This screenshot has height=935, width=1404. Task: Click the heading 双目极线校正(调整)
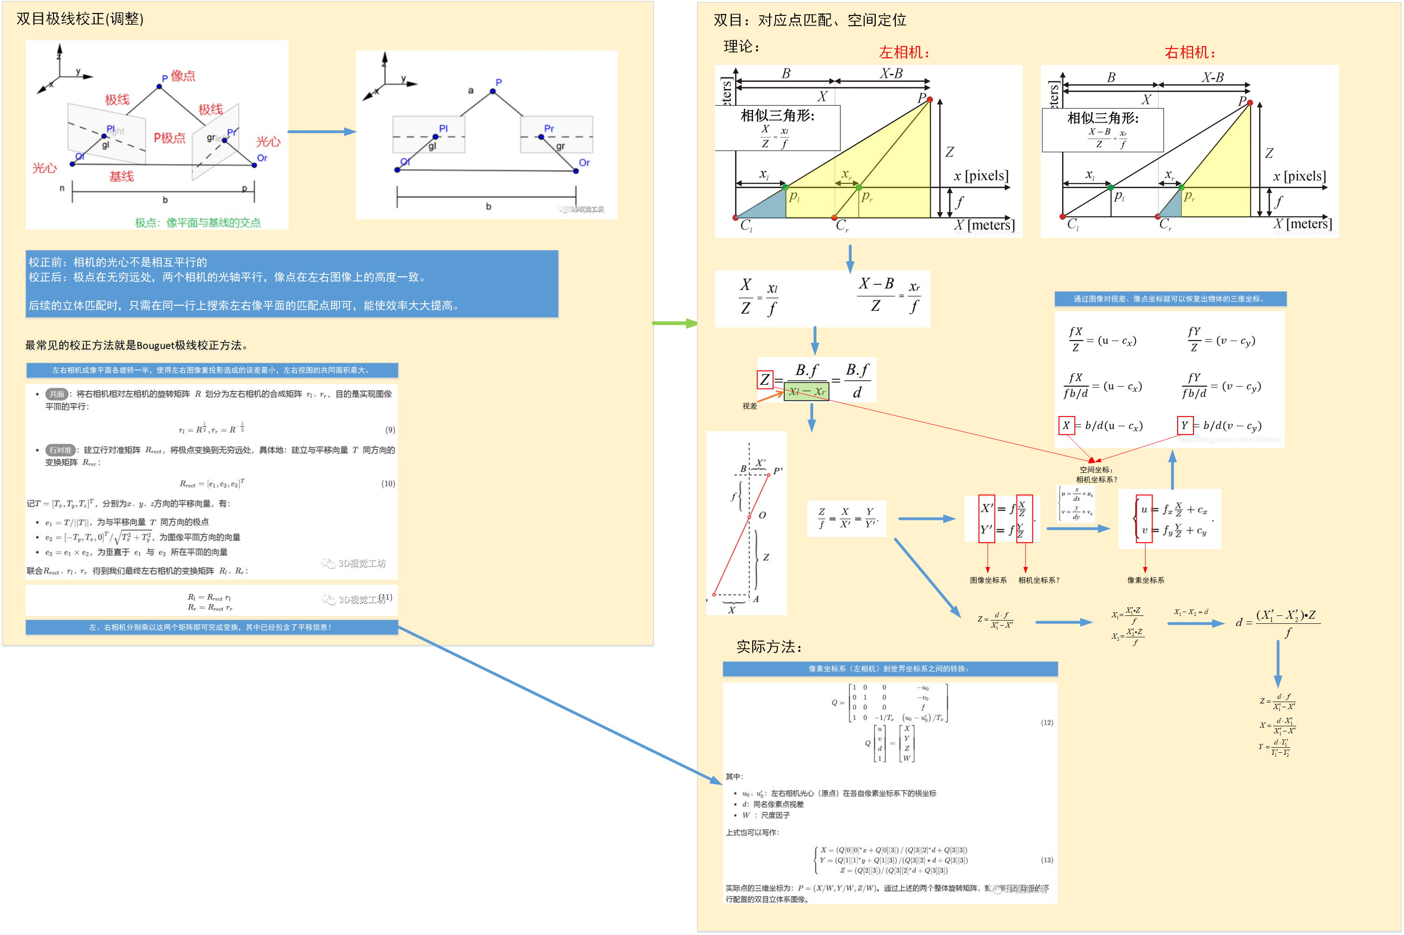pos(80,19)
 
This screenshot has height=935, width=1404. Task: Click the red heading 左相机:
pos(903,53)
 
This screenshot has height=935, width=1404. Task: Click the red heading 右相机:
pos(1189,53)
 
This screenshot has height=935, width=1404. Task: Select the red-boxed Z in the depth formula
pos(764,379)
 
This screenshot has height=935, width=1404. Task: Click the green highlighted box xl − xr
pos(806,392)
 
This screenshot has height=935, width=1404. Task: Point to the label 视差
pos(750,406)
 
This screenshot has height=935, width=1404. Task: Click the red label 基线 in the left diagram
pos(121,177)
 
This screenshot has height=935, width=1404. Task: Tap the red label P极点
pos(169,138)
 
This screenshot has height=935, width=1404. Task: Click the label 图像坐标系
pos(988,580)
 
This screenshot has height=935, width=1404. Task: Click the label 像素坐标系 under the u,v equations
pos(1145,580)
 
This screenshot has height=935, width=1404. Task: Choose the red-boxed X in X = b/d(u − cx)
pos(1066,425)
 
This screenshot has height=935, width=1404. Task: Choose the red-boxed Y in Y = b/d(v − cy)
pos(1184,425)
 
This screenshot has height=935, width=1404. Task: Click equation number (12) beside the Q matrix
pos(1047,723)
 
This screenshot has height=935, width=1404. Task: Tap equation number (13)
pos(1047,860)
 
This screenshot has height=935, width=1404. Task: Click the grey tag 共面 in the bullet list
pos(57,394)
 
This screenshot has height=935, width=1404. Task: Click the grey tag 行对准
pos(60,450)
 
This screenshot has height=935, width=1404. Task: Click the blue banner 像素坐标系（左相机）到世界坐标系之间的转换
pos(890,669)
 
